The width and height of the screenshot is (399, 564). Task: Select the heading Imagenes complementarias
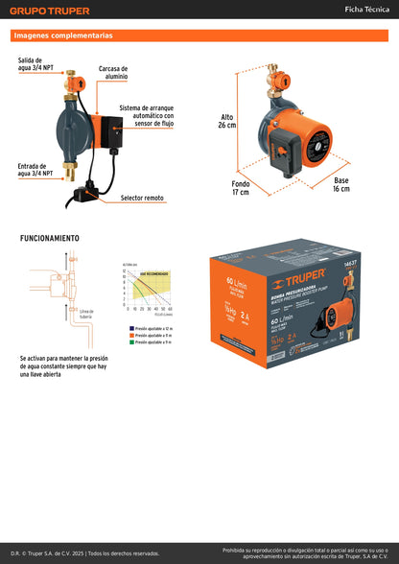[x=62, y=35]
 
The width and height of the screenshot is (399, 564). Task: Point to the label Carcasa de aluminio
[x=112, y=74]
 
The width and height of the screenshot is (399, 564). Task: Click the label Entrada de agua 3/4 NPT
[x=37, y=170]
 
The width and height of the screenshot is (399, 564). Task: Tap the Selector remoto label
[x=142, y=198]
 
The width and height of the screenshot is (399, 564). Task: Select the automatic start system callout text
[x=147, y=116]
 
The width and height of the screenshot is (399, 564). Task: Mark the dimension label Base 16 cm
[x=341, y=184]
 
